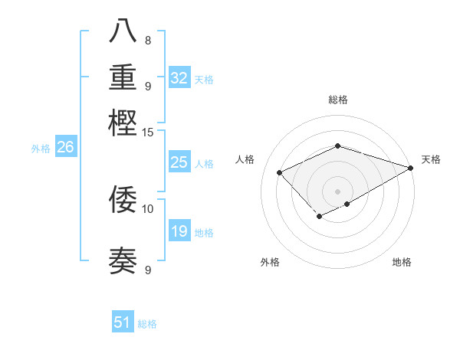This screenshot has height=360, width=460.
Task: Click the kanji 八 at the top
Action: (123, 31)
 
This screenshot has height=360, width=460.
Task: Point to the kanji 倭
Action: (123, 199)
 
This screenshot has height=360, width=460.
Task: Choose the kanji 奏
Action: (123, 260)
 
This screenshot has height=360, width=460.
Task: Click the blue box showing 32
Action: (179, 78)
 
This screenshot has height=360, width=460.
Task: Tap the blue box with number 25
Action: (179, 162)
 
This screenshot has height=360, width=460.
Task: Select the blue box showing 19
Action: (179, 231)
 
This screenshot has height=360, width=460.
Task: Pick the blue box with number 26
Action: (65, 148)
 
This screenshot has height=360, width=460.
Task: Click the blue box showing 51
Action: (123, 322)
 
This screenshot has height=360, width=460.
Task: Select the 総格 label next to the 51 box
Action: (147, 324)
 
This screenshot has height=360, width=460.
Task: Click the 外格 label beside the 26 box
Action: (41, 149)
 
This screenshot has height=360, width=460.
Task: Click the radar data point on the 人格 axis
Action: (280, 173)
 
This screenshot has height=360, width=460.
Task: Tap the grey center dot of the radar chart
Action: (337, 191)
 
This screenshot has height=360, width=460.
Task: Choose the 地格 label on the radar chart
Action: (402, 263)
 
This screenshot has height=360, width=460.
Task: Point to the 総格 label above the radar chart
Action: (337, 100)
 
